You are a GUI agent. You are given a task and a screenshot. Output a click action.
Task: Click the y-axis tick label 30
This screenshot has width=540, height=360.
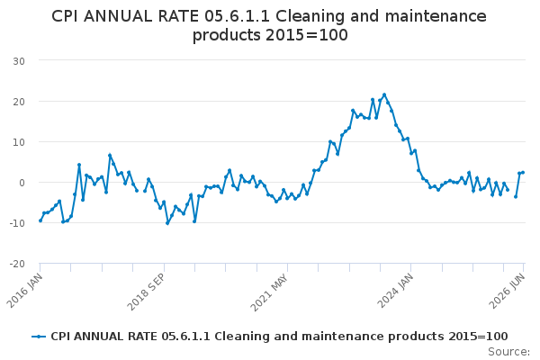(x=19, y=61)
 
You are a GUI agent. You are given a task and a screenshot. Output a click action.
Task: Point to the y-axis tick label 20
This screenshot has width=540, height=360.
(x=19, y=102)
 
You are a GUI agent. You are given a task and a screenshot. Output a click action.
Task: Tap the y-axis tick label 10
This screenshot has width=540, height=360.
(x=19, y=142)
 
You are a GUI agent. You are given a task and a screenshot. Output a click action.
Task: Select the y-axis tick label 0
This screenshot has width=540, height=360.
(x=22, y=183)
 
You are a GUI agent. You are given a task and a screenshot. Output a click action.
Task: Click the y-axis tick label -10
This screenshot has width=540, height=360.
(x=17, y=223)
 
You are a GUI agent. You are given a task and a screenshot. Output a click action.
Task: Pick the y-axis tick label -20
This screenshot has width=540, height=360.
(x=17, y=264)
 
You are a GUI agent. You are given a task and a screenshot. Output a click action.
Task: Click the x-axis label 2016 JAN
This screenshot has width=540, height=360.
(x=25, y=291)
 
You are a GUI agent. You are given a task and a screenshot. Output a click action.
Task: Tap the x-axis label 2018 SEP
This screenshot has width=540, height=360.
(x=146, y=292)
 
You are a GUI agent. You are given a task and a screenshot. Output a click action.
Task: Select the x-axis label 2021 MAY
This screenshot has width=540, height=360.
(x=269, y=292)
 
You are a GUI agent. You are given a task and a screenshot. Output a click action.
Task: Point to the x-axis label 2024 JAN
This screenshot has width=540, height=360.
(x=395, y=291)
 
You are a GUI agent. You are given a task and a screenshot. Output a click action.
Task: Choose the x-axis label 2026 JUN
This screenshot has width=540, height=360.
(x=508, y=291)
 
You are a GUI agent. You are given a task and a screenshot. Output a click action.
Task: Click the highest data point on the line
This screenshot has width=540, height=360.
(x=384, y=94)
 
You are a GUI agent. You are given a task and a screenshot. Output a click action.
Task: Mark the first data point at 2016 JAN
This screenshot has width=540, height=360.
(x=40, y=220)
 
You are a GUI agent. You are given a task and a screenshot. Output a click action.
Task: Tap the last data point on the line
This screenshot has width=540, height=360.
(x=523, y=172)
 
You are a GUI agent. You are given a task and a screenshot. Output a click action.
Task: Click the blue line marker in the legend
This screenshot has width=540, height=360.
(x=39, y=337)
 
